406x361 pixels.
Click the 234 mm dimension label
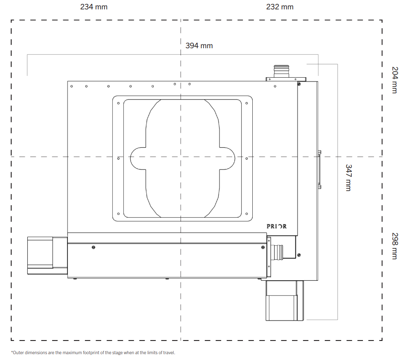(94, 7)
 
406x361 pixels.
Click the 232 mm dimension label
(280, 7)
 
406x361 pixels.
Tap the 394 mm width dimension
(199, 46)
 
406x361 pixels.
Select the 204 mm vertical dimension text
(395, 80)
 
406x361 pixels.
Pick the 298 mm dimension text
(395, 246)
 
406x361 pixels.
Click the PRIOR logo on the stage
(277, 226)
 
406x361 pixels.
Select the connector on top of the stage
(281, 73)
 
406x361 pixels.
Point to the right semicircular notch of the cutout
(227, 158)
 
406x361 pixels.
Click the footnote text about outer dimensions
(93, 352)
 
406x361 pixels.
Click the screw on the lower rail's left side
(93, 247)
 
